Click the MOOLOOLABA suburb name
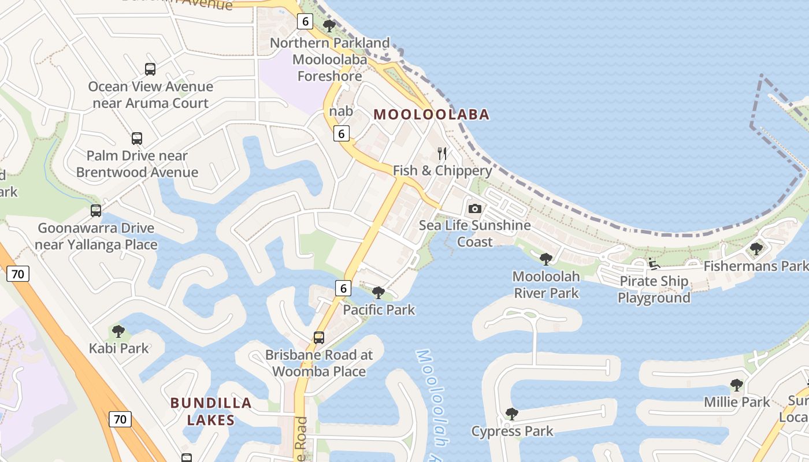pyautogui.click(x=431, y=114)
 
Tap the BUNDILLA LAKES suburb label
pyautogui.click(x=211, y=411)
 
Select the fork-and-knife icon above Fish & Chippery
pyautogui.click(x=443, y=153)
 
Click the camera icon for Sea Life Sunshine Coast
pyautogui.click(x=475, y=208)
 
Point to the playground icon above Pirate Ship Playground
pyautogui.click(x=654, y=264)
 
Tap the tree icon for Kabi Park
pyautogui.click(x=118, y=331)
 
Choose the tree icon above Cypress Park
pyautogui.click(x=511, y=413)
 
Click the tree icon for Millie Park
pyautogui.click(x=736, y=385)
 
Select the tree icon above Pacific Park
pyautogui.click(x=378, y=292)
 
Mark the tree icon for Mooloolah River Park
pyautogui.click(x=545, y=259)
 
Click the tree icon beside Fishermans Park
pyautogui.click(x=756, y=249)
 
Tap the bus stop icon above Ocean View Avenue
pyautogui.click(x=150, y=69)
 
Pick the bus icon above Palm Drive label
pyautogui.click(x=137, y=139)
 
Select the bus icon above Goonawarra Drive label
pyautogui.click(x=96, y=211)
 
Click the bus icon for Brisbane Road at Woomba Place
pyautogui.click(x=319, y=337)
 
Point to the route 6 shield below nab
pyautogui.click(x=342, y=134)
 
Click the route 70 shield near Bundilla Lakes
pyautogui.click(x=120, y=419)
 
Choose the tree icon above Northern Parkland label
pyautogui.click(x=329, y=25)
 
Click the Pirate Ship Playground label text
pyautogui.click(x=654, y=289)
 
